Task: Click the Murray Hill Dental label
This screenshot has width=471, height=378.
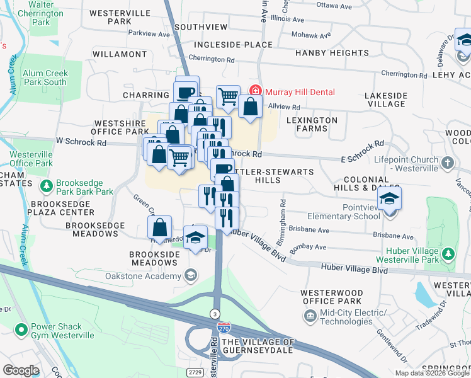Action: point(299,92)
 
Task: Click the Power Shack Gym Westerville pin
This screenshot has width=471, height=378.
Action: point(21,328)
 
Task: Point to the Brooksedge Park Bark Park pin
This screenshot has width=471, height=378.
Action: point(46,186)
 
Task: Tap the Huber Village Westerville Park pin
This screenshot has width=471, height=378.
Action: point(448,255)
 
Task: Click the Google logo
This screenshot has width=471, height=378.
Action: point(21,370)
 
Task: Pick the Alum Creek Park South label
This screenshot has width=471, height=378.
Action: point(45,77)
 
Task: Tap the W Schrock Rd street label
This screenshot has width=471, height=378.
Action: point(81,142)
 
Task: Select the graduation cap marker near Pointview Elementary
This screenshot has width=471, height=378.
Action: point(390,200)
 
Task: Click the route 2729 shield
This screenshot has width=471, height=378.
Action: point(193,373)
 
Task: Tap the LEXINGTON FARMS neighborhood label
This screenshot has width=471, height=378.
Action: point(312,124)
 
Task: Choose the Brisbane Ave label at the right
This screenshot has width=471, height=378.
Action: point(394,237)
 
